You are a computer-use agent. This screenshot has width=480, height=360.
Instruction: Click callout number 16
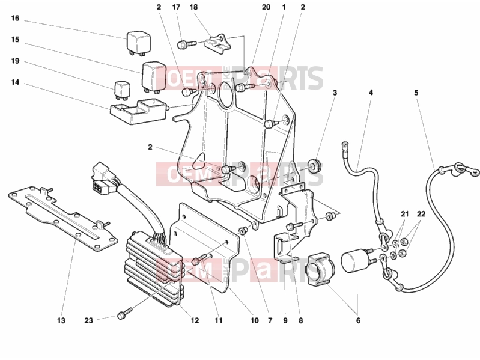pyautogui.click(x=15, y=19)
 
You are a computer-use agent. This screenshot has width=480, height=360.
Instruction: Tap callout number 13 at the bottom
pyautogui.click(x=61, y=320)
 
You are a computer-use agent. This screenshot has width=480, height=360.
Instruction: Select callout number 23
pyautogui.click(x=88, y=320)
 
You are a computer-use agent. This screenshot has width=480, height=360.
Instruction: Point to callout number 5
pyautogui.click(x=416, y=93)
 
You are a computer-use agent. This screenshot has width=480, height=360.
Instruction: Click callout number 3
pyautogui.click(x=335, y=93)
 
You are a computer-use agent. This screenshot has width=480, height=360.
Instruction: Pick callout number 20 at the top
pyautogui.click(x=266, y=7)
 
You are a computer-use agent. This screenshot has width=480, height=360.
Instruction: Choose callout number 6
pyautogui.click(x=358, y=320)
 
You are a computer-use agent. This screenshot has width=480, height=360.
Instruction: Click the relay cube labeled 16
pyautogui.click(x=138, y=43)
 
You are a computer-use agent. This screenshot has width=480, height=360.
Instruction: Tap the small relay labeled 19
pyautogui.click(x=122, y=90)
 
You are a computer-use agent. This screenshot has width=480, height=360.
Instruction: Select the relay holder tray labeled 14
pyautogui.click(x=138, y=112)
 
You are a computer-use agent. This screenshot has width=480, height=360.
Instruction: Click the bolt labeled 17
pyautogui.click(x=186, y=44)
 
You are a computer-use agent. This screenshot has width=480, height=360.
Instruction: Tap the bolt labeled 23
pyautogui.click(x=124, y=314)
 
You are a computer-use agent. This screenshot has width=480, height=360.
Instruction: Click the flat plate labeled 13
pyautogui.click(x=62, y=219)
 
